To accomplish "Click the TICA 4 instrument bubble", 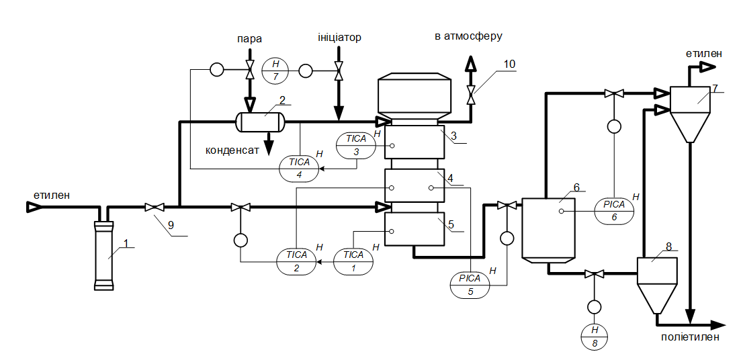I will (298, 168).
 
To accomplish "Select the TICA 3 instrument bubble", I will (356, 145).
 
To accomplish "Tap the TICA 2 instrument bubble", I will (296, 261).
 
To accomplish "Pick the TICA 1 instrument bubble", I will (353, 261).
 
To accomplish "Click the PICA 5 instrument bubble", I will (470, 285).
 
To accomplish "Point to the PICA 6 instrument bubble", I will (614, 211).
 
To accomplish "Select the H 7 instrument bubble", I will (274, 69).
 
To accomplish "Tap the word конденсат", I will (232, 151).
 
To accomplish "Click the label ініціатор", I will (339, 38).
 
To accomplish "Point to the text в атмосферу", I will (468, 36).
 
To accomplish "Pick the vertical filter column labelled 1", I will (103, 255).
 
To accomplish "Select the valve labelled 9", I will (156, 207).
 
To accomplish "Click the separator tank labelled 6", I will (549, 228).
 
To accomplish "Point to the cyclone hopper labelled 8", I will (656, 282).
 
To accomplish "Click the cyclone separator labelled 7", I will (690, 111).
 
